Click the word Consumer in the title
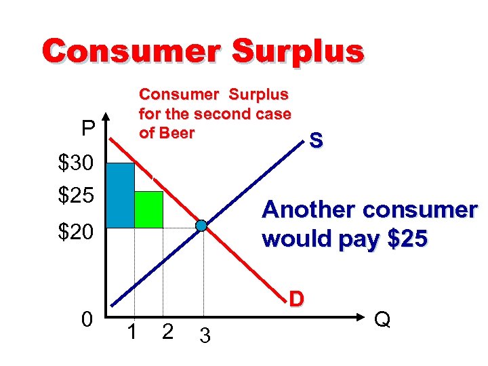coord(127,51)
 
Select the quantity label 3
coord(205,335)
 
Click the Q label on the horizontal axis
coord(382,319)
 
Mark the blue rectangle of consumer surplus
coord(121,195)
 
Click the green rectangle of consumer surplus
coord(148,209)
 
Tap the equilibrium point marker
coord(201,226)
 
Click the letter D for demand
coord(296,298)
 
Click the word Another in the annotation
coord(309,210)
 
